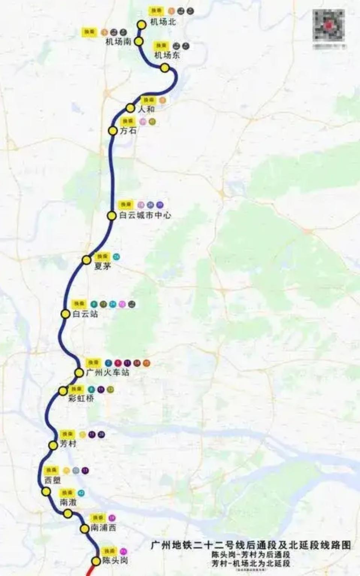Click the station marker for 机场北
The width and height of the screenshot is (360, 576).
[142, 25]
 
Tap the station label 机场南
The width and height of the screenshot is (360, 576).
[118, 42]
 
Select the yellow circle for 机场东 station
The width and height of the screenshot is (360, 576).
[165, 68]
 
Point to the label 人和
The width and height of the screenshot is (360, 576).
[146, 109]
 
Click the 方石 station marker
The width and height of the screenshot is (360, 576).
[113, 131]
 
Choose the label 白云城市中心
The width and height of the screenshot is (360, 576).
[145, 215]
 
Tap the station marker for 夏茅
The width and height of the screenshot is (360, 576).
[87, 260]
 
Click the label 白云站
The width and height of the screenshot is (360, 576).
[85, 314]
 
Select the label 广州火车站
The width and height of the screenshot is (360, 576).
[107, 373]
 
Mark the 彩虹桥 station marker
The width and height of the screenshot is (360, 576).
[63, 391]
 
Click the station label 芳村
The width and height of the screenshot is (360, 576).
[68, 444]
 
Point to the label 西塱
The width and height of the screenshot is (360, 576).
[52, 480]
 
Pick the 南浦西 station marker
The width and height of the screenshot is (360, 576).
[85, 529]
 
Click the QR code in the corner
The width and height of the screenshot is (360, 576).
[328, 26]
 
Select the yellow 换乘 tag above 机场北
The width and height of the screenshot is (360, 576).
[156, 11]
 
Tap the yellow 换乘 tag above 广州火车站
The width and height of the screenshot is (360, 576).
[93, 363]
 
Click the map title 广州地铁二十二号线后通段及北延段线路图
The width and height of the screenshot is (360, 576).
[251, 545]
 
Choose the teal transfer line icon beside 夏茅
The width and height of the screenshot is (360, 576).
[116, 257]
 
